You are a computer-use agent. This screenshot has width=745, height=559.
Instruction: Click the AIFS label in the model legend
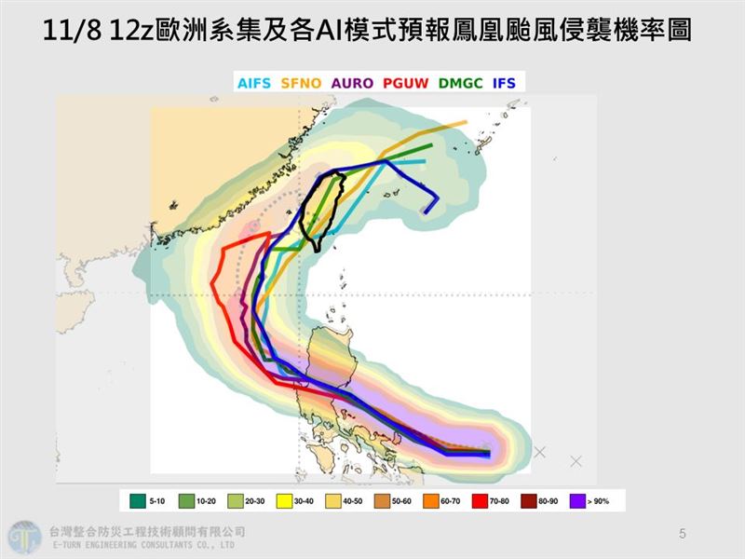click(254, 83)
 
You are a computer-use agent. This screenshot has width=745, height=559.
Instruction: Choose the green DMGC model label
click(461, 83)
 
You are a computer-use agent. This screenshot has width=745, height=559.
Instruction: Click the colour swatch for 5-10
click(137, 501)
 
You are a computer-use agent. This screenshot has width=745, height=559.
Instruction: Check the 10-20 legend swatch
click(185, 501)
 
